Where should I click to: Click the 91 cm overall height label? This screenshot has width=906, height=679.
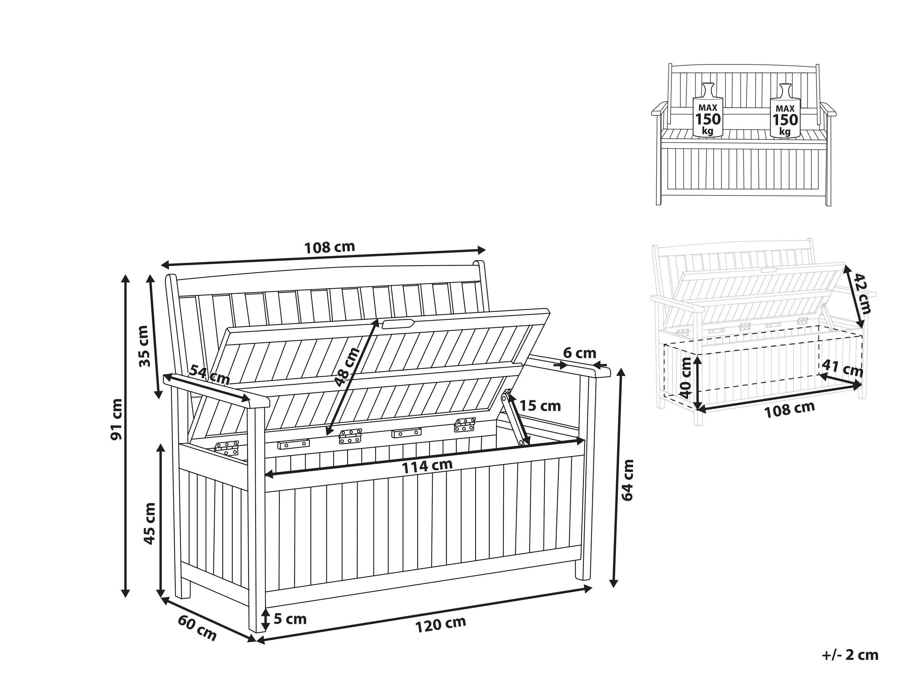pos(117,419)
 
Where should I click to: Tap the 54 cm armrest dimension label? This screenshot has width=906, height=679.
pos(209,375)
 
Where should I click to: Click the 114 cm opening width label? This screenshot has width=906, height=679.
pos(427,465)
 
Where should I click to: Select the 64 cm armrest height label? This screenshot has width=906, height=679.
pos(627,480)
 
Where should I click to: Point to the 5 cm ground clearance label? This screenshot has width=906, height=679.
pos(290,619)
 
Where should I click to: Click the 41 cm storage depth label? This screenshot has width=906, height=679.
pos(843,369)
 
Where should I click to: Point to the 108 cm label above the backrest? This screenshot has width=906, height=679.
pos(329,247)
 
